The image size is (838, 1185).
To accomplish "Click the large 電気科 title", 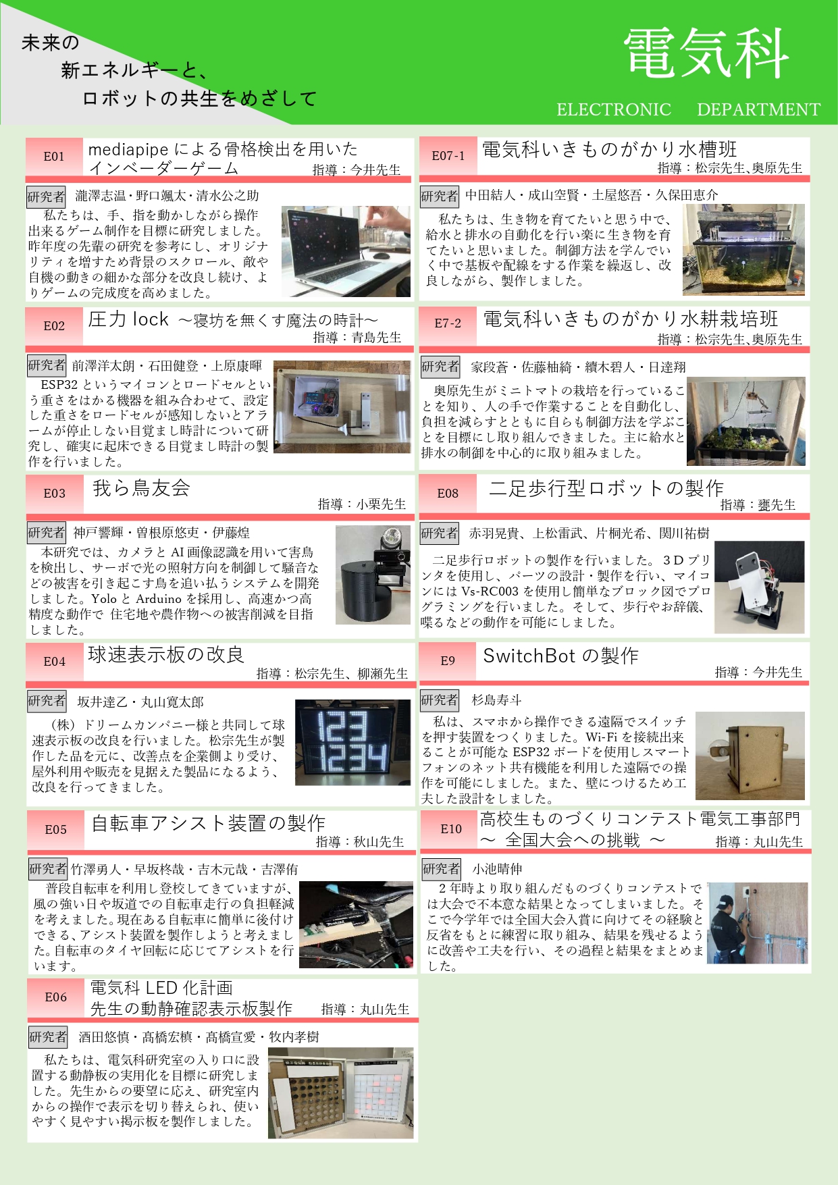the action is click(706, 53).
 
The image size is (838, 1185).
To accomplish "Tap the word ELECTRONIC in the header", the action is click(614, 109).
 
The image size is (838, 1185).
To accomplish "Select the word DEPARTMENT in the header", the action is click(758, 109).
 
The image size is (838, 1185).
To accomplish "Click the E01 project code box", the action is click(54, 157).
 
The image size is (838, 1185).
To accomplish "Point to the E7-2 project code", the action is click(448, 323).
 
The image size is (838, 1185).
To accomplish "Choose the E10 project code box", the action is click(450, 828).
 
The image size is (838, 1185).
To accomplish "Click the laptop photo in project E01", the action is click(346, 251).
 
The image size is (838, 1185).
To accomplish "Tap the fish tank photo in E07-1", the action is click(744, 250).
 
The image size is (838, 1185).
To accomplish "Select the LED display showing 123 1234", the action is click(352, 742).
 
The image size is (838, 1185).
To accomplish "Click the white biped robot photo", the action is click(760, 587).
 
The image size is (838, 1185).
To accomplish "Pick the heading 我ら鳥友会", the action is click(141, 488).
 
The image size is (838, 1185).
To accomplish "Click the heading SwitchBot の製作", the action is click(560, 656).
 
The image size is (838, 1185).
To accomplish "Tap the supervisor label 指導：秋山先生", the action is click(360, 841).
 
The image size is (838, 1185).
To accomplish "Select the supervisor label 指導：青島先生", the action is click(357, 337).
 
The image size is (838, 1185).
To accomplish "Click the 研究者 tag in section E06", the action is click(48, 1036).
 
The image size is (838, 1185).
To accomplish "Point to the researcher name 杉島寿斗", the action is click(496, 700).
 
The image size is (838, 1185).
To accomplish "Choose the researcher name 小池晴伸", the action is click(497, 869).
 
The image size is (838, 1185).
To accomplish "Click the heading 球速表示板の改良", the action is click(166, 654).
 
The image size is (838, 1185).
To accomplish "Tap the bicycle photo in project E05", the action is click(356, 924).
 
